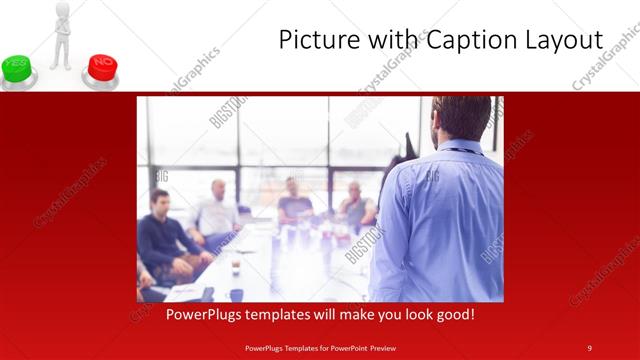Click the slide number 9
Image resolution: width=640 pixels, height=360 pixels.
click(590, 347)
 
